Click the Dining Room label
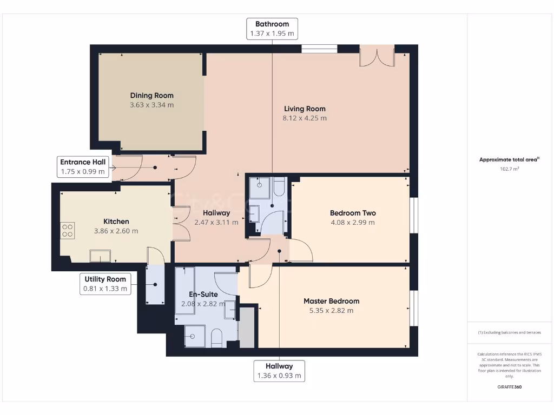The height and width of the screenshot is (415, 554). click(151, 95)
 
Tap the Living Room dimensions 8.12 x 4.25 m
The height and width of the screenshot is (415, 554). click(305, 118)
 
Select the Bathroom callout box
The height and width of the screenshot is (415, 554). click(272, 29)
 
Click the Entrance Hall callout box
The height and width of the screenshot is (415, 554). click(83, 167)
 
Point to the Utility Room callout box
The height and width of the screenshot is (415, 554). click(105, 284)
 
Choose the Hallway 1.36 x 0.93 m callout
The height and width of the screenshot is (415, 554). click(279, 371)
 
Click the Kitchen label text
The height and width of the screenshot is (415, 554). click(116, 222)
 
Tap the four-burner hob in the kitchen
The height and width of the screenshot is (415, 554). click(68, 230)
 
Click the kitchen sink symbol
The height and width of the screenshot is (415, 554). click(100, 256)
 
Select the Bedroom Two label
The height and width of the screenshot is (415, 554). click(353, 213)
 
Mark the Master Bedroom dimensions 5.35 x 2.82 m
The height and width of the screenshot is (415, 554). click(332, 311)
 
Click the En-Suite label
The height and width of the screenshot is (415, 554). click(203, 294)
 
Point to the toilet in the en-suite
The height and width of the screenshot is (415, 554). click(216, 338)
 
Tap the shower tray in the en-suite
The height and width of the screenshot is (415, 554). click(195, 336)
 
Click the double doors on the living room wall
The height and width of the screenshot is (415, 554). click(377, 56)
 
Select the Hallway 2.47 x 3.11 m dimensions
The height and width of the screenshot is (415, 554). click(216, 222)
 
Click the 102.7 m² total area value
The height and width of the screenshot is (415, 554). click(510, 169)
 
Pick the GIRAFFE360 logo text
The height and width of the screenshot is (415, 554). click(510, 387)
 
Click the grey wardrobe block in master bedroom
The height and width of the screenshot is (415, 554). click(247, 327)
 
